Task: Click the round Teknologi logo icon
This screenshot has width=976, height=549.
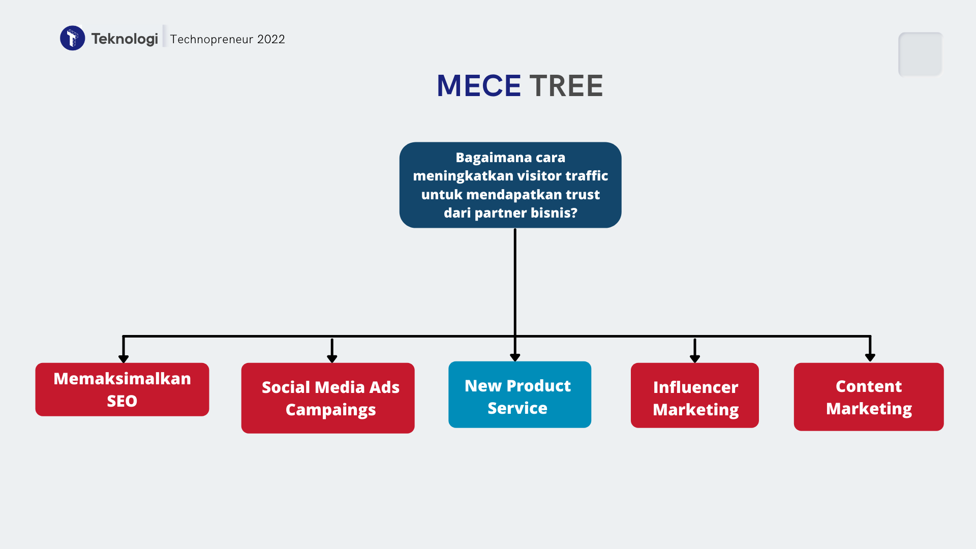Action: click(73, 38)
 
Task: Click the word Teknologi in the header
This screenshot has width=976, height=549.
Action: click(125, 39)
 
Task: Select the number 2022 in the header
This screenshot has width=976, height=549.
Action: click(271, 39)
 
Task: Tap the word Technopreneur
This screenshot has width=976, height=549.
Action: click(211, 39)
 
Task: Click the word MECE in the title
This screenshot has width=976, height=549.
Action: click(479, 85)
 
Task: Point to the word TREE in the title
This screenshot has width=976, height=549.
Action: click(566, 85)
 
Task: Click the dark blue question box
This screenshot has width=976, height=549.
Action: click(510, 185)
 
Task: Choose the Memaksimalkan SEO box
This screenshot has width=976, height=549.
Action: click(122, 389)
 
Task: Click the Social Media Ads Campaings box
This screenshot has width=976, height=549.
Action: click(328, 398)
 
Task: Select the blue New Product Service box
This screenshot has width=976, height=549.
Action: click(520, 394)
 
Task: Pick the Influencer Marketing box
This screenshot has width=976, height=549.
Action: click(694, 395)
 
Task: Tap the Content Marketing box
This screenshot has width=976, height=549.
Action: click(869, 396)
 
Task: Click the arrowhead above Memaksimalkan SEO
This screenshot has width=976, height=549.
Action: click(124, 358)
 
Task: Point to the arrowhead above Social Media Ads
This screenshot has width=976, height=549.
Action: click(332, 358)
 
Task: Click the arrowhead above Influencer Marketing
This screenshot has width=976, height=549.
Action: click(695, 358)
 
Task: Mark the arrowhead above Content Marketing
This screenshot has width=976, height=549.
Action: click(870, 357)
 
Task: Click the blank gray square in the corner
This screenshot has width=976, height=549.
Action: click(921, 54)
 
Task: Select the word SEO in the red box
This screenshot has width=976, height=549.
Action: click(122, 401)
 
